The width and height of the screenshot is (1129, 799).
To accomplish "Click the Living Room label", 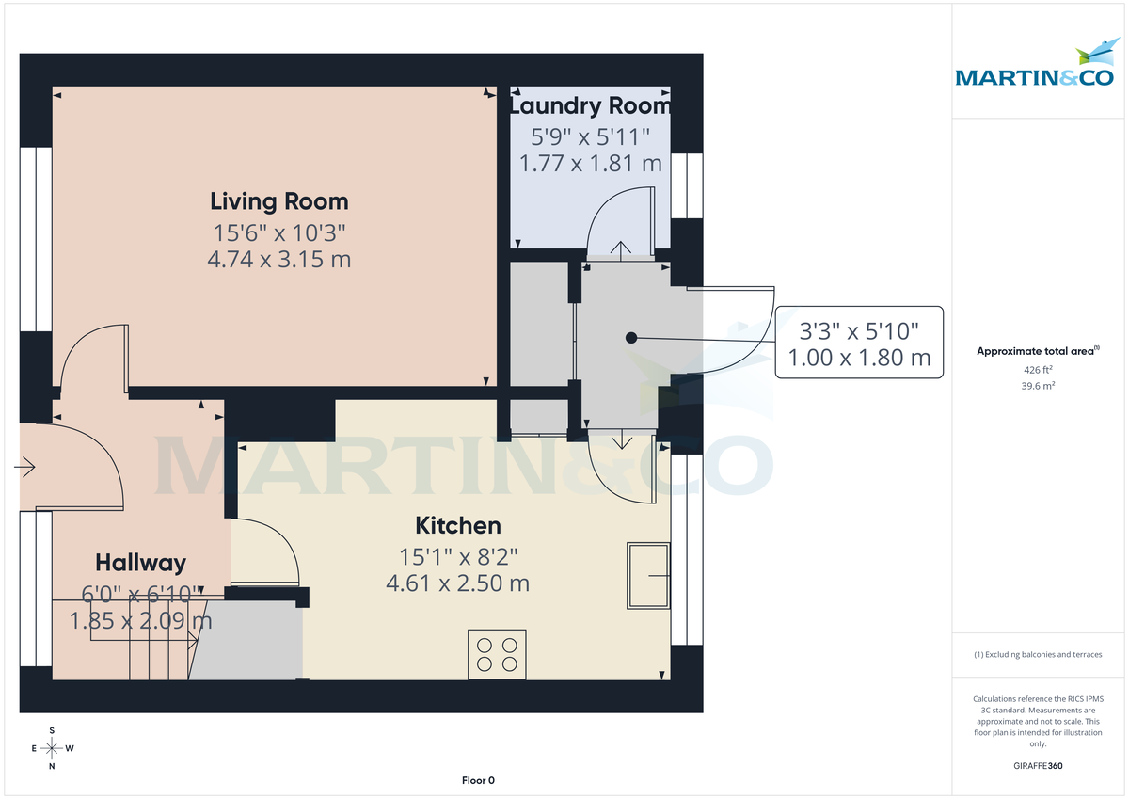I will click(x=278, y=201).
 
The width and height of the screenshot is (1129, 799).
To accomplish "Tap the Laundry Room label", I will click(x=590, y=104).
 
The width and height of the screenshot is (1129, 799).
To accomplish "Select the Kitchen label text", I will click(x=458, y=525).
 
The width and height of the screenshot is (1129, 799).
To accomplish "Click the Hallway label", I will click(x=140, y=563).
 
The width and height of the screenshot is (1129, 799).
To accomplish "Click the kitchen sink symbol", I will click(x=648, y=575).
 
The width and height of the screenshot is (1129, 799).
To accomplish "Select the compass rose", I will click(x=52, y=749).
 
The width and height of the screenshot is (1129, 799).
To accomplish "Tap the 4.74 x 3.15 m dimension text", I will click(x=278, y=259).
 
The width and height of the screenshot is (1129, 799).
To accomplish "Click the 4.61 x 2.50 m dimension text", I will click(x=458, y=583).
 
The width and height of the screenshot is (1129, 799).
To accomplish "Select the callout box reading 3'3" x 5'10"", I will click(x=858, y=344).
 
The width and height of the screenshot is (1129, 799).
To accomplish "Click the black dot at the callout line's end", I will click(x=631, y=337).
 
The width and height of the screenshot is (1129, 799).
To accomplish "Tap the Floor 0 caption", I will click(x=478, y=780).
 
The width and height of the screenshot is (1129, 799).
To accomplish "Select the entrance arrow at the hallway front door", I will click(x=25, y=466).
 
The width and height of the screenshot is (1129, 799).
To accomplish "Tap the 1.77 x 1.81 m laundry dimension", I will click(x=590, y=164).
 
